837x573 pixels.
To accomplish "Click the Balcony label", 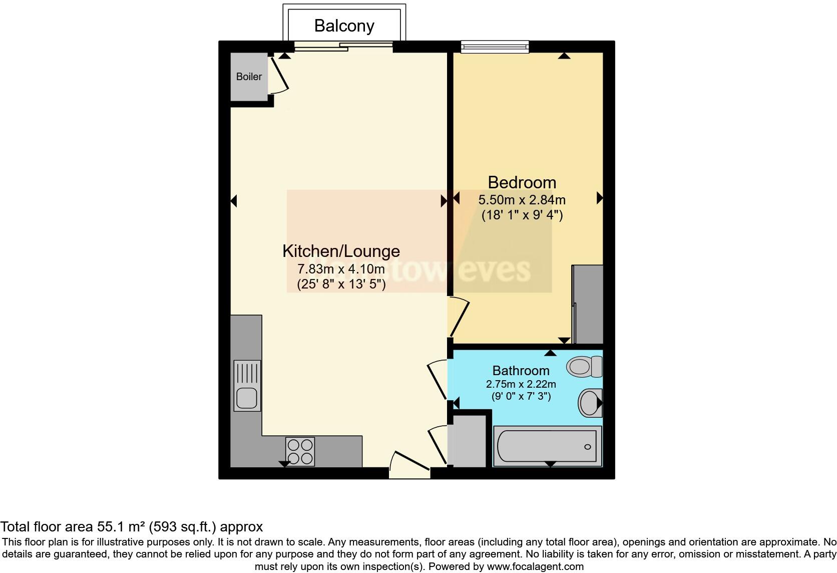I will pos(344,26).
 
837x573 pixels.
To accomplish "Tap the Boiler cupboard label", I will pos(249,77).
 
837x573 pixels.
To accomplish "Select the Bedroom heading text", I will pos(522,182).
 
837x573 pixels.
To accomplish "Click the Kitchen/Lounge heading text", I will pos(341,251).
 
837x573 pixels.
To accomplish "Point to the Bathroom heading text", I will pos(521,371).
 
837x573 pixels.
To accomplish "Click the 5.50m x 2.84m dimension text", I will pos(522,200).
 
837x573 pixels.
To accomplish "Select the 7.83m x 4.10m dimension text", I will pos(341,269).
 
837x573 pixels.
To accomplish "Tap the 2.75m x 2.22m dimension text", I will pos(521,384).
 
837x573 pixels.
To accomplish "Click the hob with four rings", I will pos(300,451).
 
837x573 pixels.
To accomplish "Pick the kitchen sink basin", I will pos(247,398).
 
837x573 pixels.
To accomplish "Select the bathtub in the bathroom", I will pos(547,446).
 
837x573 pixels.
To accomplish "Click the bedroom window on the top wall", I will pos(495,47).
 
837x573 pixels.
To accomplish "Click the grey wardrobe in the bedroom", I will pos(588,304).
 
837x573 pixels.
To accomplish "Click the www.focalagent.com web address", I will pos(535,567).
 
